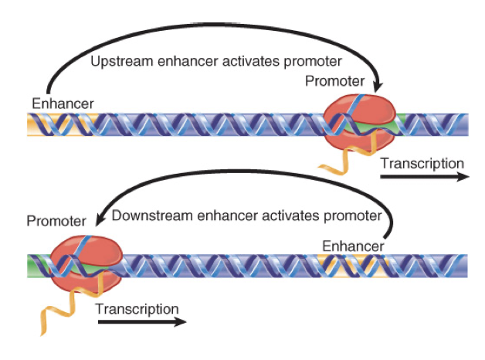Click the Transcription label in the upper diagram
tap(422, 164)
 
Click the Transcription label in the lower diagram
tap(137, 308)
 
